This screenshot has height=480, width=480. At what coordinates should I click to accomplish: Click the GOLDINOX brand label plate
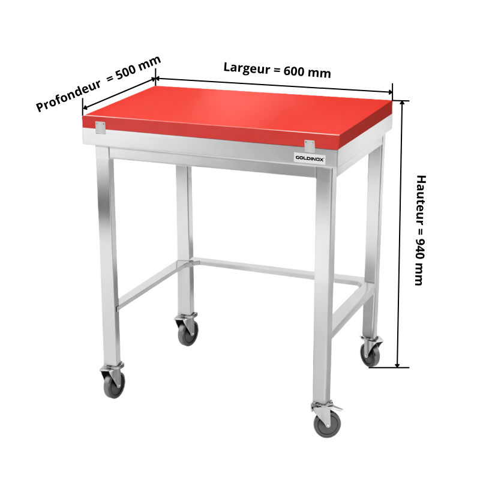coord(310,158)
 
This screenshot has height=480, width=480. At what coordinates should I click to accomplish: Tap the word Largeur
coord(247,68)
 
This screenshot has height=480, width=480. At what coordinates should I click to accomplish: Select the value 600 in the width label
coord(294,71)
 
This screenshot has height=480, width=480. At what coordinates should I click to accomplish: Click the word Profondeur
coord(68,95)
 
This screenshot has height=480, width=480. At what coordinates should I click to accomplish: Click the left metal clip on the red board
coord(100,128)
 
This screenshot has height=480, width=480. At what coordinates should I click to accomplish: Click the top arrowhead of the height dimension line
coord(403,103)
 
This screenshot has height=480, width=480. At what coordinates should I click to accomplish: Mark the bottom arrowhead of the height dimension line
coord(397,365)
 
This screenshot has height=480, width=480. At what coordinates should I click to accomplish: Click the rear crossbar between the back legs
coord(278,269)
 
